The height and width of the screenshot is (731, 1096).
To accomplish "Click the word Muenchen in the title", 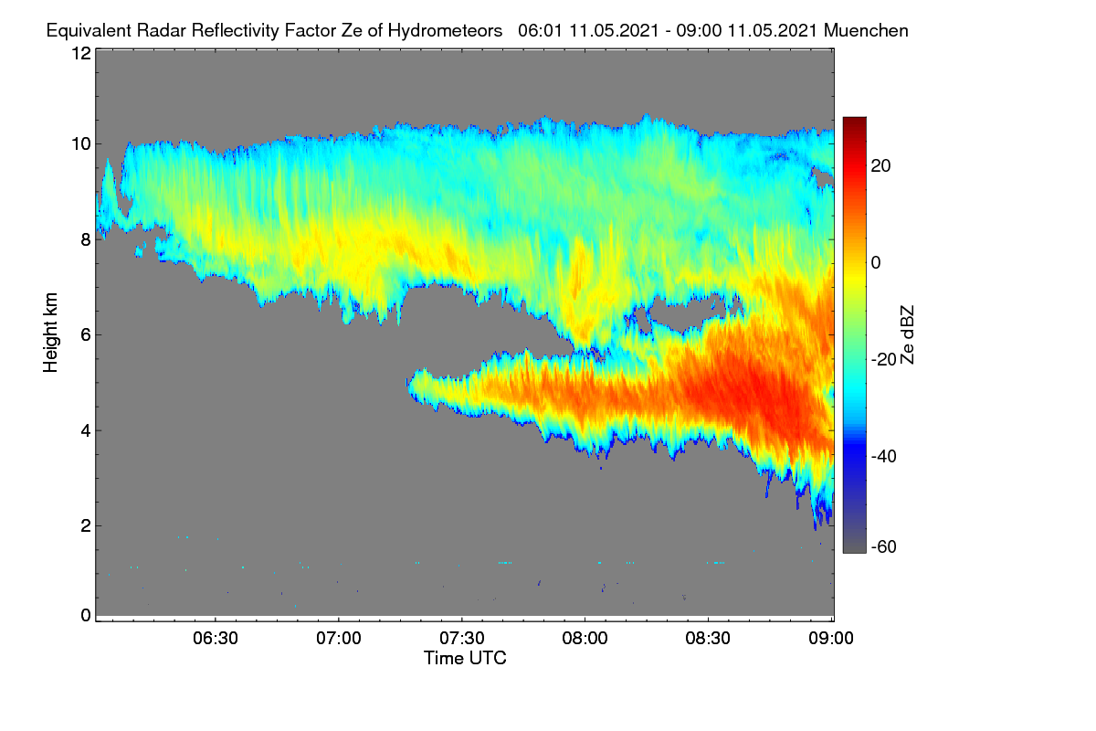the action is click(x=866, y=31).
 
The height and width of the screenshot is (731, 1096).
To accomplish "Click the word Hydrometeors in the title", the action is click(x=445, y=31).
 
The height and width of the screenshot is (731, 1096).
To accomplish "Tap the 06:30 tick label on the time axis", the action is click(x=216, y=638).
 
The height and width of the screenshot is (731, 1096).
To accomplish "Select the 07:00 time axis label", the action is click(x=339, y=638).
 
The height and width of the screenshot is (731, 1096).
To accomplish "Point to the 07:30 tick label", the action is click(x=462, y=638).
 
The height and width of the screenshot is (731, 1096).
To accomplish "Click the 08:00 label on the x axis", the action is click(x=585, y=638).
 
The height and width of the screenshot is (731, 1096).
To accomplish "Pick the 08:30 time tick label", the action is click(x=708, y=638).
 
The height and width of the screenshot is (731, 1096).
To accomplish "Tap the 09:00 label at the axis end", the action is click(x=831, y=638).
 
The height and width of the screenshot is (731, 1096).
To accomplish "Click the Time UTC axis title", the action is click(x=465, y=658).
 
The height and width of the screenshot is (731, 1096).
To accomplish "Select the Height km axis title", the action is click(x=50, y=333).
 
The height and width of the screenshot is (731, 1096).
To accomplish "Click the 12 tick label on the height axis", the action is click(x=81, y=53).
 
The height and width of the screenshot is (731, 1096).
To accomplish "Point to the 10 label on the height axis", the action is click(x=81, y=144).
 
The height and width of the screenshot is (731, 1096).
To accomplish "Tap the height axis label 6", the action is click(x=86, y=335).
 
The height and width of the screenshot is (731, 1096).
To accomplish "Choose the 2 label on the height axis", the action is click(x=86, y=525).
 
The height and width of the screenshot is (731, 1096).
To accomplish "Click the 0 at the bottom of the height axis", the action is click(x=86, y=615).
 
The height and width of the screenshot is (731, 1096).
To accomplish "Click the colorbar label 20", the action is click(x=880, y=166).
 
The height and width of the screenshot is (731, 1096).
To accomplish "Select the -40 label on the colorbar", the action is click(x=884, y=456).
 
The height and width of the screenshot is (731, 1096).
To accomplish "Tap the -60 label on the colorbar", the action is click(x=884, y=547).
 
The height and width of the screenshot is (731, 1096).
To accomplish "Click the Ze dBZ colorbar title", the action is click(x=907, y=335).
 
